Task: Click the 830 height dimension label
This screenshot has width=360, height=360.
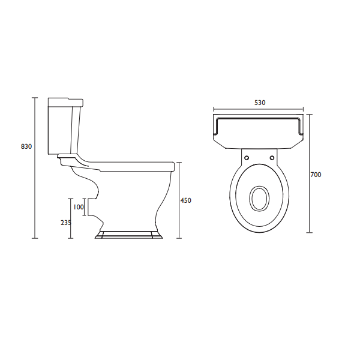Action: pos(26,146)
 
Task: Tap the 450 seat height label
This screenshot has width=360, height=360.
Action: pos(186,200)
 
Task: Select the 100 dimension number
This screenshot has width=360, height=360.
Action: pos(79,207)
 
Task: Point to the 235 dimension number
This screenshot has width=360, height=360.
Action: pos(66,223)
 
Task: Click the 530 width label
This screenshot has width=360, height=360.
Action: pos(260,103)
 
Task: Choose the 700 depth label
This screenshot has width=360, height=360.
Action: pos(316,175)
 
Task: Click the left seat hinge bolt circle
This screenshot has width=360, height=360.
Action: pos(247,158)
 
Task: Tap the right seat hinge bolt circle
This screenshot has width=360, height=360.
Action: pos(272,158)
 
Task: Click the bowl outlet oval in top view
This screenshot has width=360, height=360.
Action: pos(259,198)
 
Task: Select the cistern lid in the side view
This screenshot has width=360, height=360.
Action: pos(65,103)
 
